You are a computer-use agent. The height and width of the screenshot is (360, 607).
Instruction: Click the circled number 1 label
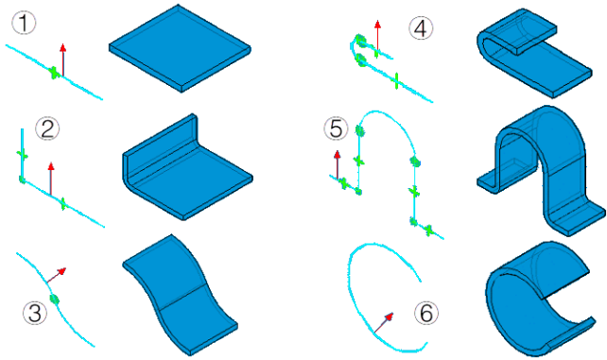point(24,23)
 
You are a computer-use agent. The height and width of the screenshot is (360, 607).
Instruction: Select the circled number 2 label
point(47,129)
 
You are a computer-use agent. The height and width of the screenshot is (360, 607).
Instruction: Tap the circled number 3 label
point(35,313)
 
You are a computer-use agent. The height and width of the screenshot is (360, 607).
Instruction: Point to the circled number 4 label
point(421,28)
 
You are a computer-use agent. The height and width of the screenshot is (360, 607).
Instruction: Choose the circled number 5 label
point(336,128)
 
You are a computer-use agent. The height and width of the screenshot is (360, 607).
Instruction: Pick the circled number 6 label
point(426,313)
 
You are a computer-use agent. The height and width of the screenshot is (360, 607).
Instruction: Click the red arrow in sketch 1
point(62,60)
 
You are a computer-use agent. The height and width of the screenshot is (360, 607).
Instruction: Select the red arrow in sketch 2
point(51,179)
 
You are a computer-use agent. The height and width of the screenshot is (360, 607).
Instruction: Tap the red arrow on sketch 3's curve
point(57,275)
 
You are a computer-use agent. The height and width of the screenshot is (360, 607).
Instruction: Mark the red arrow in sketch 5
point(338,164)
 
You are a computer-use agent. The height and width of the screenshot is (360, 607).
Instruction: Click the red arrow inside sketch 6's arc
point(384,323)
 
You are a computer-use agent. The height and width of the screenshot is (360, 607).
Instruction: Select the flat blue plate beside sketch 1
point(180,48)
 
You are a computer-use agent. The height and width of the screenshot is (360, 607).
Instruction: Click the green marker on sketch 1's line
point(55,73)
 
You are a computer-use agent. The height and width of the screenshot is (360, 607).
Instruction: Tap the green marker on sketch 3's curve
point(54,299)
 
